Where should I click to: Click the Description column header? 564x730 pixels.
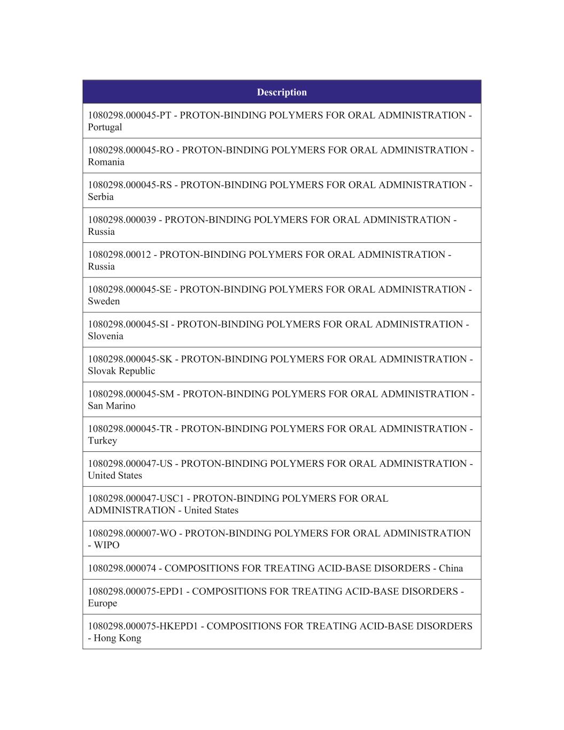click(282, 92)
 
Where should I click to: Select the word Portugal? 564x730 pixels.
click(105, 127)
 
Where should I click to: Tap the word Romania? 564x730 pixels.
click(106, 162)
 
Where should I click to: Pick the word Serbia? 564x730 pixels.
click(101, 197)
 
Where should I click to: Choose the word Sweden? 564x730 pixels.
click(104, 301)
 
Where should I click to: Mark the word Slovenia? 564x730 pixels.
click(105, 336)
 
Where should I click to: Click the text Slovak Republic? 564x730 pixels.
click(121, 371)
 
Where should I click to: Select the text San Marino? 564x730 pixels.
click(112, 405)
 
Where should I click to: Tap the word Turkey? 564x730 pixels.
click(102, 441)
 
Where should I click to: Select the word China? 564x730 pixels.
click(451, 568)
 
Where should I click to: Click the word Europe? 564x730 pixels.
click(102, 603)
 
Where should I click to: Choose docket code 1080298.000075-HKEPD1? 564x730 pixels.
click(142, 626)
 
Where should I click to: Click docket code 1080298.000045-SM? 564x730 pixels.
click(131, 394)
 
